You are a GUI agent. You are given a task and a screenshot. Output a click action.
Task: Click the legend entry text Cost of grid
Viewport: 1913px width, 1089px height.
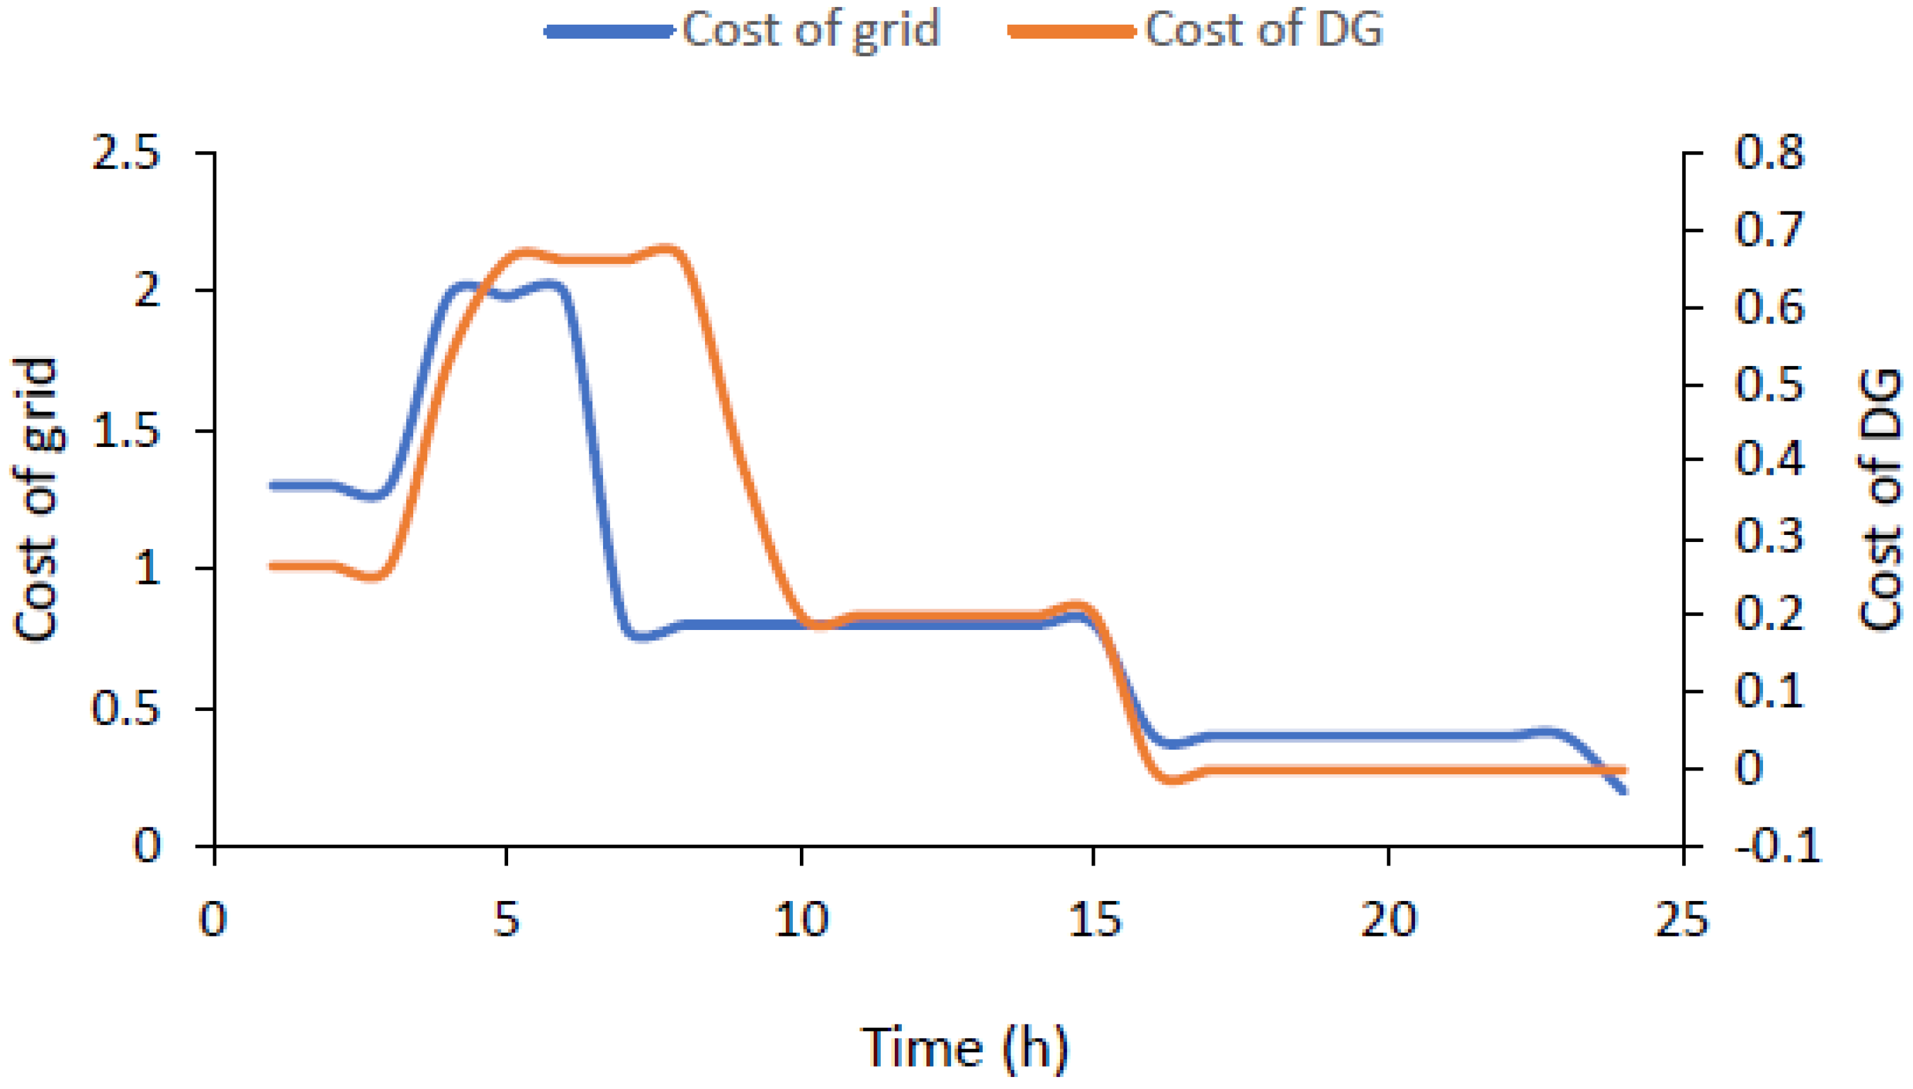[811, 30]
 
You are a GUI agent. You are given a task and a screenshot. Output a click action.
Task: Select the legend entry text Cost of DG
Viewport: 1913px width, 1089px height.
[1263, 30]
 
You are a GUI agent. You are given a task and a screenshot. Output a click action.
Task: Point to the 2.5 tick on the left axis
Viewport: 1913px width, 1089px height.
[125, 153]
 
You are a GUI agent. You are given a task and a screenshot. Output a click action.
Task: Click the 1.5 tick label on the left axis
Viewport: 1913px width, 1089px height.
[125, 432]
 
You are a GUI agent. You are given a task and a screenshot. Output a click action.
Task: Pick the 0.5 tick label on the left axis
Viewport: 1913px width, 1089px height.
[125, 708]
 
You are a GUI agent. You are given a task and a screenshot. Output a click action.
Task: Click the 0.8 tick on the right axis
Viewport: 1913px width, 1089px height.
[1769, 152]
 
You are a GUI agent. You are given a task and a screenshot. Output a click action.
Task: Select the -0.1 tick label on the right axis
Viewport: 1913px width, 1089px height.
[1778, 847]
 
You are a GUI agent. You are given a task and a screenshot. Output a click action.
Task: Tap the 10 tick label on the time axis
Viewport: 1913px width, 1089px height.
[801, 919]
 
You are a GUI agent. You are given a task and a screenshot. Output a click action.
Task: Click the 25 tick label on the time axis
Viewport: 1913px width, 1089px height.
[1682, 919]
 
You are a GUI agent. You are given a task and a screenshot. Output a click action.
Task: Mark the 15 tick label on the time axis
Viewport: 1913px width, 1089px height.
[1094, 919]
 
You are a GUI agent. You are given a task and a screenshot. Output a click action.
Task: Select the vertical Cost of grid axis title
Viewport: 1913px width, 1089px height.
[36, 500]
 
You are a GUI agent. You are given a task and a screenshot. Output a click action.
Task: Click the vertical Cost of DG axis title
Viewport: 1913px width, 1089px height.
[1879, 500]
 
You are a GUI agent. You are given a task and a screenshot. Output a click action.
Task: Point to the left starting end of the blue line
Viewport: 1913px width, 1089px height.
[273, 486]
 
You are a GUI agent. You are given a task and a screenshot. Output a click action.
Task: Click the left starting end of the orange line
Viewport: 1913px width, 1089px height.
[273, 566]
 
